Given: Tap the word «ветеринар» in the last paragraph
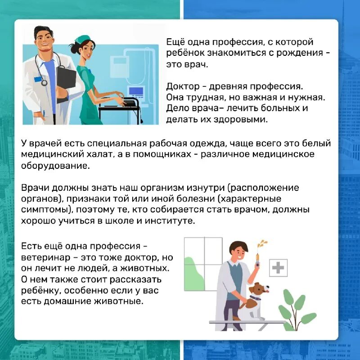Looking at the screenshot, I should coord(43,257).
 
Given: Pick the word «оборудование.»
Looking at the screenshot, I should coord(56,166).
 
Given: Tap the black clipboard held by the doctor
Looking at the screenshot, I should coord(66,79).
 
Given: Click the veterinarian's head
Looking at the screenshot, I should coord(238,250).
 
